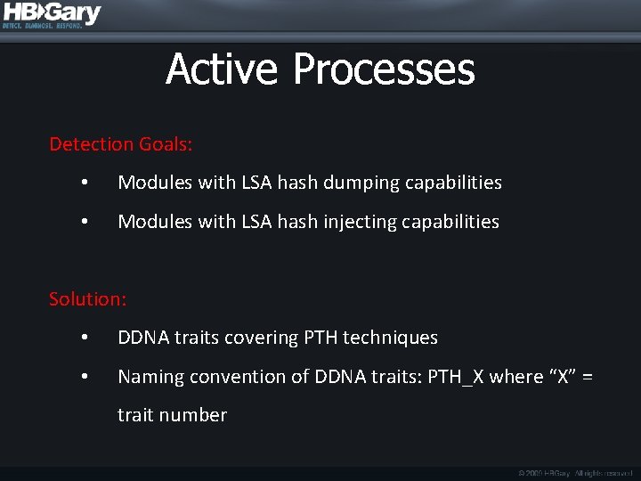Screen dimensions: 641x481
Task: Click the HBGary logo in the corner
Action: click(52, 15)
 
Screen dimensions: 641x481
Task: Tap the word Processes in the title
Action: click(384, 69)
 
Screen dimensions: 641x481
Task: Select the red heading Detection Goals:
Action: click(121, 143)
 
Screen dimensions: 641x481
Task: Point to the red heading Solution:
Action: click(87, 298)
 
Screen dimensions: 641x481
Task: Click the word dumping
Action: click(361, 183)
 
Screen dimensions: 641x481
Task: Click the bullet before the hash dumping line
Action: click(84, 183)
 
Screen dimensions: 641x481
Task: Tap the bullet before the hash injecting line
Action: click(84, 222)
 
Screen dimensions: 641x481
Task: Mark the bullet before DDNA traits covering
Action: click(84, 338)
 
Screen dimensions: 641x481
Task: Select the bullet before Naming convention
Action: click(84, 377)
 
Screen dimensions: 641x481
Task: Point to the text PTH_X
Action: click(456, 377)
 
